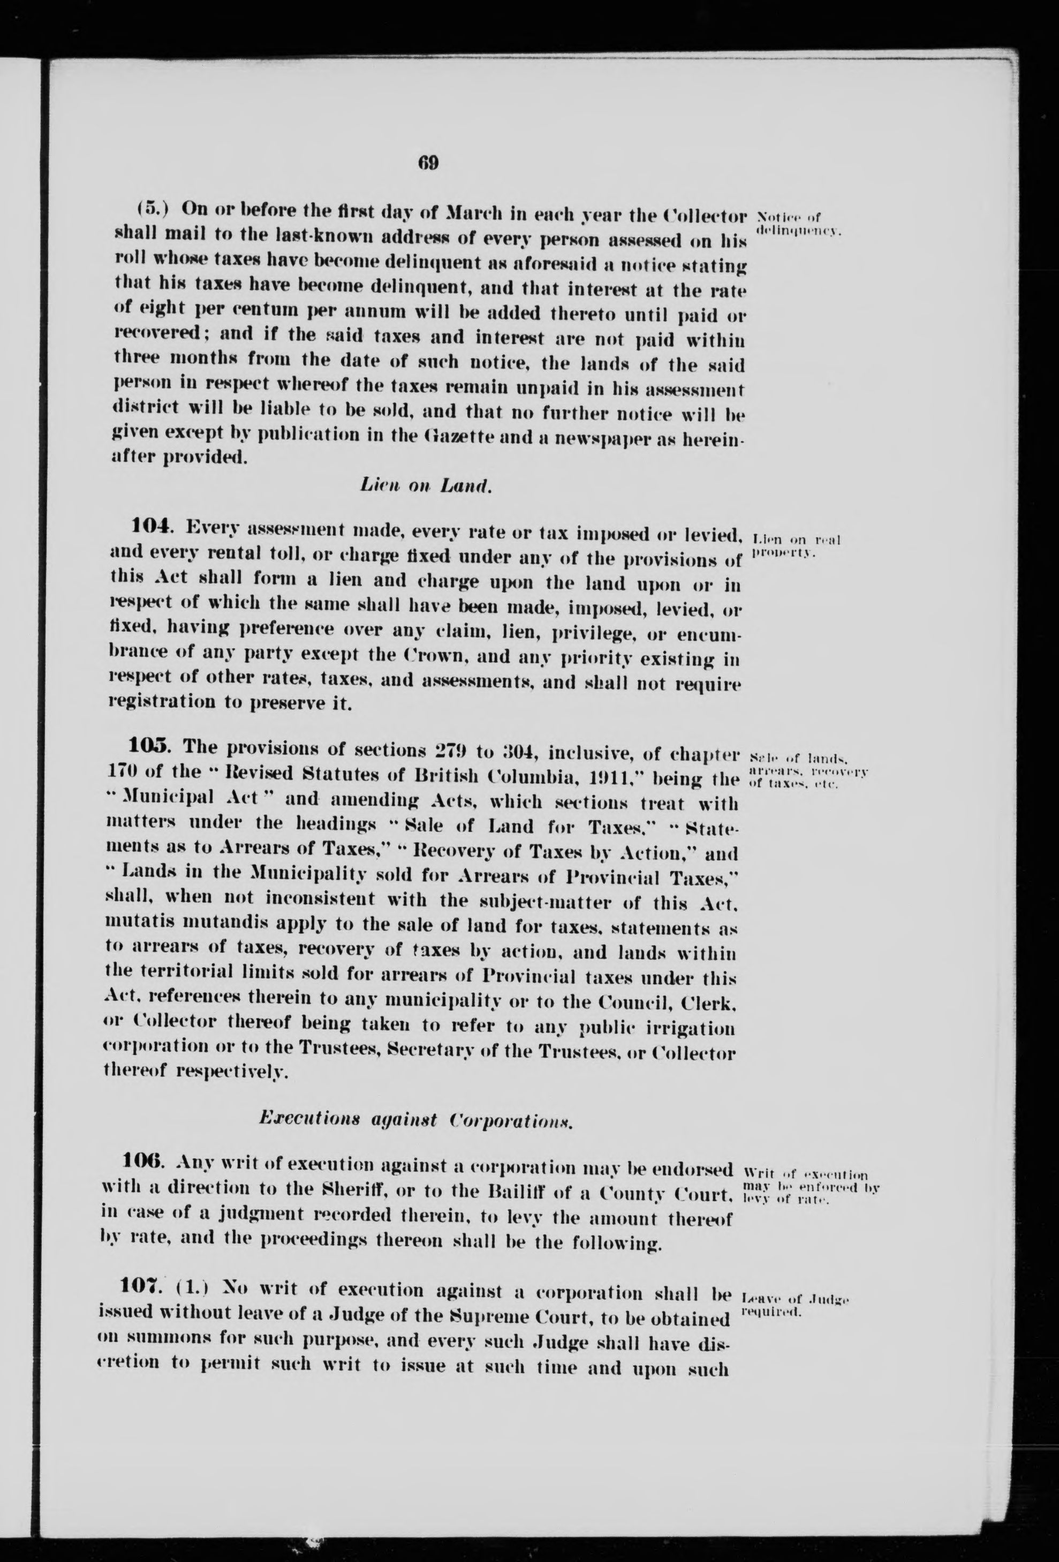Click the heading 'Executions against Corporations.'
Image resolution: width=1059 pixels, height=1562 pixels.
(x=415, y=1120)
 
